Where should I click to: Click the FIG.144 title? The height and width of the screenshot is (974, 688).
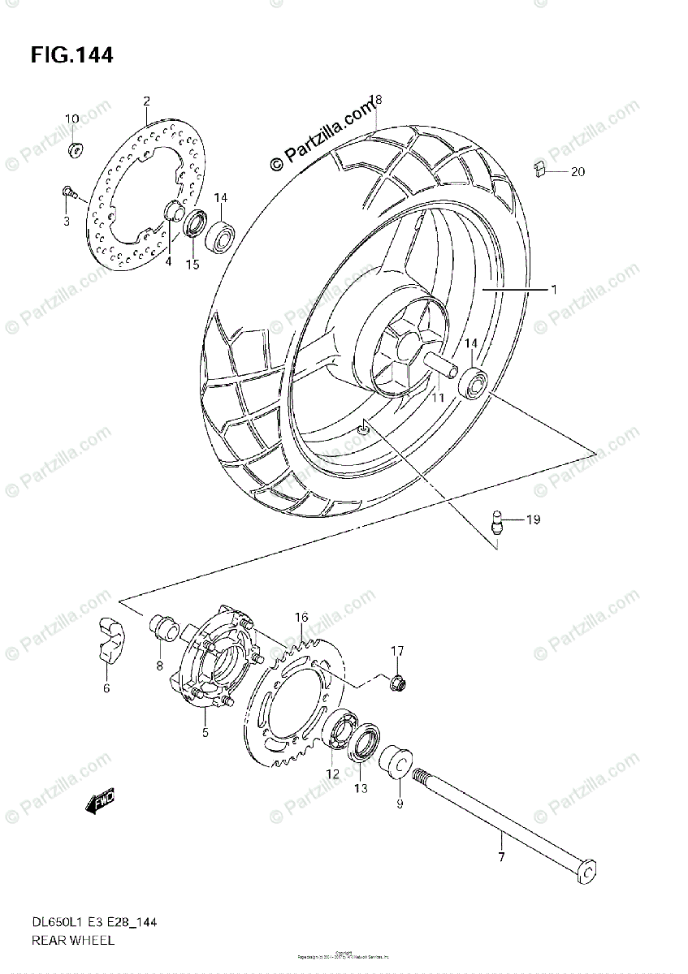click(x=71, y=55)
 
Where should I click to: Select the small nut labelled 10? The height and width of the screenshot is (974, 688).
click(x=74, y=149)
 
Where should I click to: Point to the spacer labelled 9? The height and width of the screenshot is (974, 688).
click(x=396, y=764)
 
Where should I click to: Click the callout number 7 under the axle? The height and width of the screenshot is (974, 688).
click(x=500, y=858)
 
